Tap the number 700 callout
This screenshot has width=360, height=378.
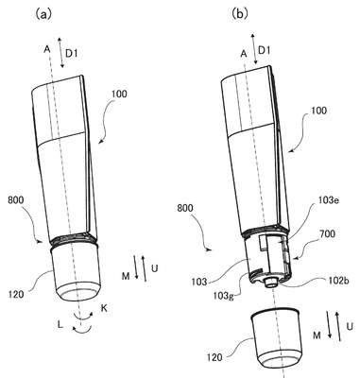coord(327,234)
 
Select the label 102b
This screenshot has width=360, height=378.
coord(336,281)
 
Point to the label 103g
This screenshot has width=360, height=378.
coord(224,296)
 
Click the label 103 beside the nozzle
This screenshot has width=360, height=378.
coord(199,282)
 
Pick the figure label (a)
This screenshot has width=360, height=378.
coord(43,14)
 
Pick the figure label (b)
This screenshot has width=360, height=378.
coord(239,13)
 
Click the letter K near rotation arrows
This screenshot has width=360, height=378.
coord(104,308)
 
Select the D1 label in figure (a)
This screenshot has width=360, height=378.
coord(71,54)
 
